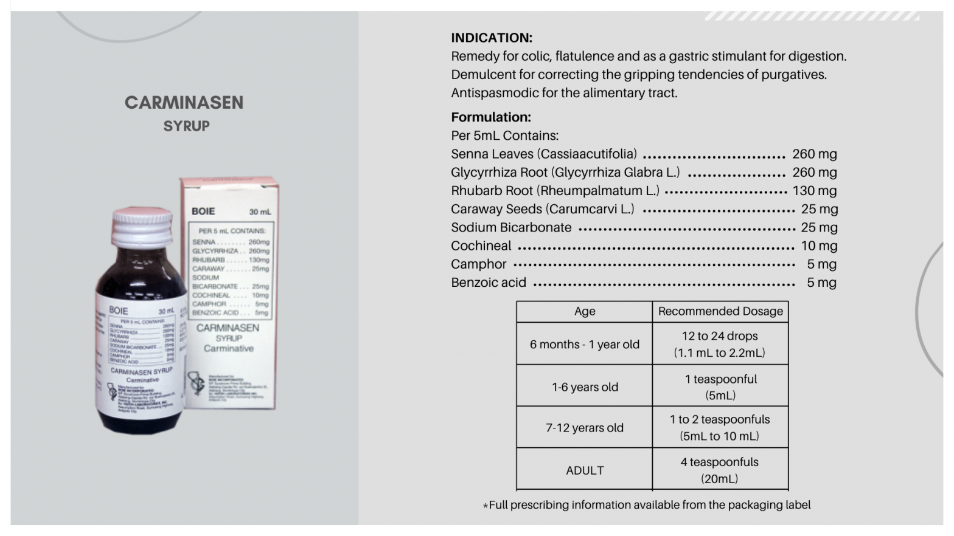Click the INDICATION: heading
tap(491, 38)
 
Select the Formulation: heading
tap(490, 117)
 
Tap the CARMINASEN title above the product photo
tap(184, 102)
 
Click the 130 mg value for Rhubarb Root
tap(814, 191)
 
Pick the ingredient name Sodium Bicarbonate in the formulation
tap(511, 228)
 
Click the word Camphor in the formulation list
tap(478, 264)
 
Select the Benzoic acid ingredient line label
tap(488, 283)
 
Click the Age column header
tap(584, 311)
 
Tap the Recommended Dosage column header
tap(720, 311)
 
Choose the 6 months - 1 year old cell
tap(584, 345)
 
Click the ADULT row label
tap(584, 470)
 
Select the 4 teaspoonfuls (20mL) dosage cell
tap(720, 470)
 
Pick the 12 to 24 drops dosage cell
tap(720, 344)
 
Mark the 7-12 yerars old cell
tap(584, 428)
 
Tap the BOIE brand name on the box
tap(203, 211)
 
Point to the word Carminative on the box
tap(229, 349)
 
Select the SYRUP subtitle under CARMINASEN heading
tap(186, 126)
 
